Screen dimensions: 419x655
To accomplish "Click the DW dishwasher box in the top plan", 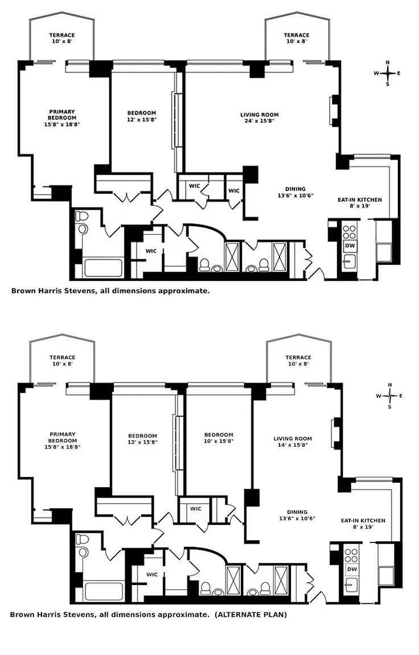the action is tap(350, 246).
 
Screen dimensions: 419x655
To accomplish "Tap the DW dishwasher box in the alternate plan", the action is tap(352, 569).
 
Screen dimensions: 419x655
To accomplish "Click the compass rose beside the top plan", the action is tap(388, 73).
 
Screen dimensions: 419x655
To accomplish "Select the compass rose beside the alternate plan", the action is tap(390, 396).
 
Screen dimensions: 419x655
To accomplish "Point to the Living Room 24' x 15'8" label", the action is tap(259, 118).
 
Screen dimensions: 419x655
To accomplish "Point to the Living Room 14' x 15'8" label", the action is tap(293, 442).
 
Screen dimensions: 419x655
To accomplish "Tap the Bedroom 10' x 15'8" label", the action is tap(219, 438).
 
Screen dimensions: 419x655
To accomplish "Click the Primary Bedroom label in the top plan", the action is tap(62, 118).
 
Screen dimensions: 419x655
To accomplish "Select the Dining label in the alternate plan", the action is tap(297, 515).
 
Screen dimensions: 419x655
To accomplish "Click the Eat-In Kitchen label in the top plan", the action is tap(360, 202).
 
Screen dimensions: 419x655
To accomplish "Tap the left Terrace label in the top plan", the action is tap(62, 38).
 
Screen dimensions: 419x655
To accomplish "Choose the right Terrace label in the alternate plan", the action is tap(298, 360).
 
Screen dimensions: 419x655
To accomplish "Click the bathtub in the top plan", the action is tap(103, 268).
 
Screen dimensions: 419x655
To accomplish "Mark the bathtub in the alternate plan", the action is tap(105, 591).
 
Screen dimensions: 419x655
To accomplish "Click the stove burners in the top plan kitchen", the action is tap(350, 232).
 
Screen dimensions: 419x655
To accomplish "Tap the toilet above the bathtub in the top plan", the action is tap(81, 221).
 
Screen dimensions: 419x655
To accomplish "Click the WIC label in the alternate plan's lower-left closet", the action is tap(152, 574).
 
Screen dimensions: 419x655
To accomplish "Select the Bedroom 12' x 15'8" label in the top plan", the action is tap(142, 116).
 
